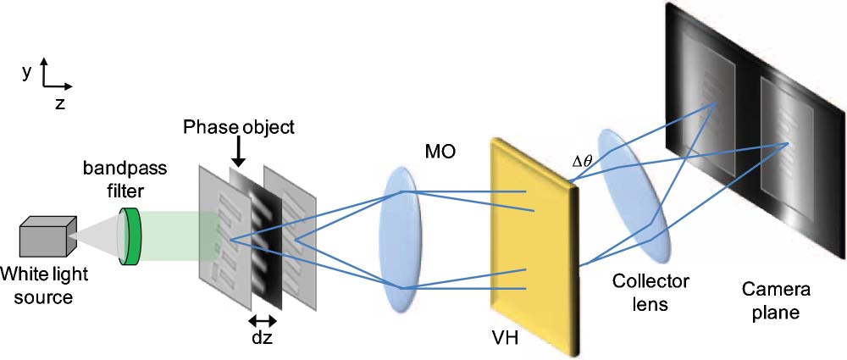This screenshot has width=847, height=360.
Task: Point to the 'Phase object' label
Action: pos(239,128)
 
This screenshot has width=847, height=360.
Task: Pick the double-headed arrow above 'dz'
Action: pos(263,320)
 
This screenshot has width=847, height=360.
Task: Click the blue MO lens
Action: pos(403,241)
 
